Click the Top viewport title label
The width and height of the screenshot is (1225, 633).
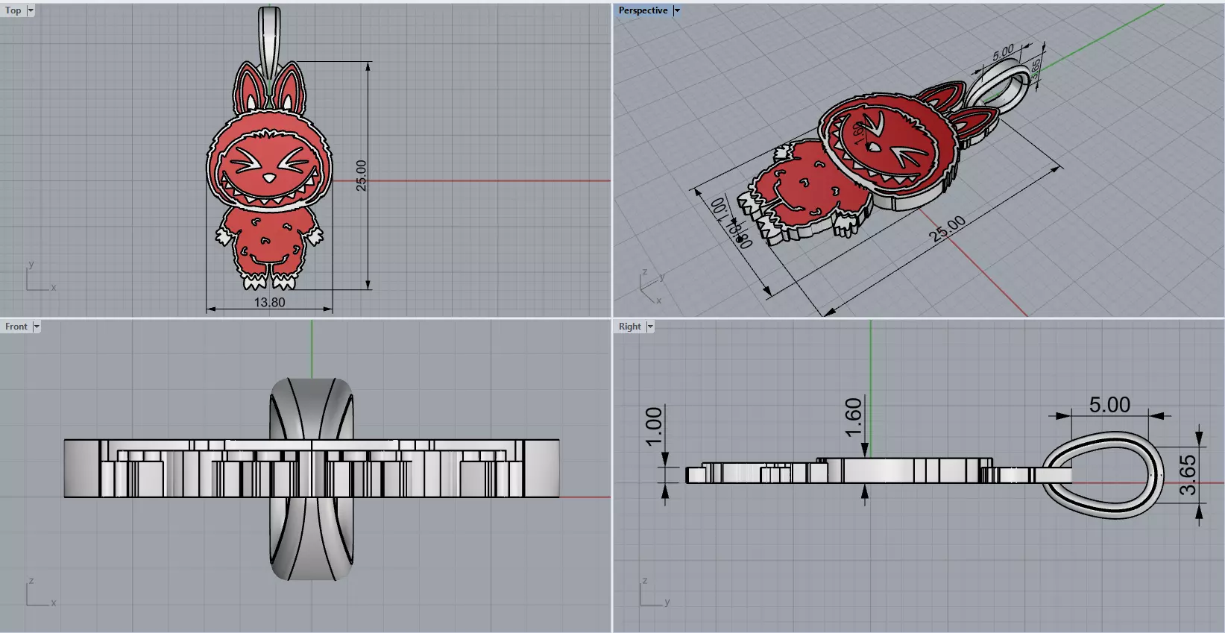click(13, 10)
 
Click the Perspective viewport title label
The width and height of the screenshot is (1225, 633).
click(642, 10)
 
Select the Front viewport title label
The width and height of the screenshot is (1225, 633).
click(16, 327)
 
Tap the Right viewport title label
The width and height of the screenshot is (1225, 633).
click(629, 327)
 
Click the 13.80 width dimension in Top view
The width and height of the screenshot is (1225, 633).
click(269, 302)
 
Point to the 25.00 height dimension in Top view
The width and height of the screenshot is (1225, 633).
click(362, 175)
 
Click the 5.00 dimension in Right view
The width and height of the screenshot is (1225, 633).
click(1109, 405)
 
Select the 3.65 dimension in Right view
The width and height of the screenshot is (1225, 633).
click(1188, 475)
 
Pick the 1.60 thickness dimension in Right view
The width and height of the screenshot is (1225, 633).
click(854, 418)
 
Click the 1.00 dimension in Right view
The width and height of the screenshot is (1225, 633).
click(654, 426)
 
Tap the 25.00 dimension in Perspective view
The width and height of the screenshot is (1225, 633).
click(948, 228)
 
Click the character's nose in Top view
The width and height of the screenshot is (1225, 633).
click(268, 178)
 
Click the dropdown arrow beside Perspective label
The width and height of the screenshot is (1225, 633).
click(677, 10)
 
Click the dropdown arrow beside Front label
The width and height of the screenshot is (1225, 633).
click(37, 327)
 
